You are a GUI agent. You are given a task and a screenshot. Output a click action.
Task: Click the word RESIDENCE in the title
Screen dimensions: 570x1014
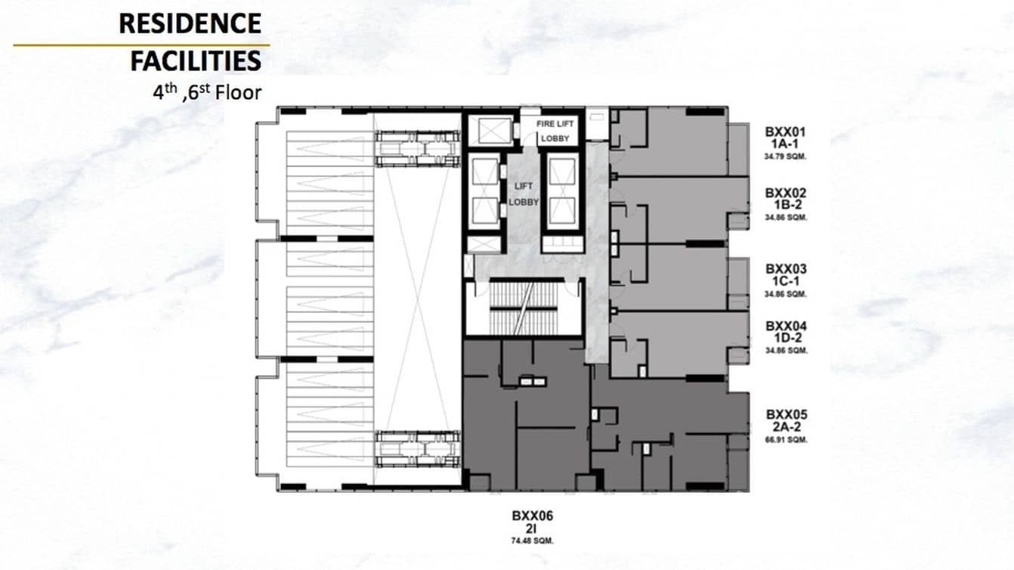point(190,23)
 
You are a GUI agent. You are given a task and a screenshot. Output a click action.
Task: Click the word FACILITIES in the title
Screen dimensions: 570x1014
point(196,60)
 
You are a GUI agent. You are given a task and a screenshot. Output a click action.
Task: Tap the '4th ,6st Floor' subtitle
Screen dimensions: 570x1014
point(206,93)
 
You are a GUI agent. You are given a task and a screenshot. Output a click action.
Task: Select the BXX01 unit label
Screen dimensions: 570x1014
point(786,131)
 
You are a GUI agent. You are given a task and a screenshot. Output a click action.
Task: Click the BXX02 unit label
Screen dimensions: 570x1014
point(786,193)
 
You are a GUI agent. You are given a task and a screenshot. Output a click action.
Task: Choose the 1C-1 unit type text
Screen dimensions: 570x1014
point(786,280)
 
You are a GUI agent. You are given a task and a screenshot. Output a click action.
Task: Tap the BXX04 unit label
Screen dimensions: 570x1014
point(786,326)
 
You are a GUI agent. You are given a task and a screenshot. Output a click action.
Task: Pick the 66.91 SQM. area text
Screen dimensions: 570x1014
point(786,439)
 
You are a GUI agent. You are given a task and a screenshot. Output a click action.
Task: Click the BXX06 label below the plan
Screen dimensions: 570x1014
point(532,516)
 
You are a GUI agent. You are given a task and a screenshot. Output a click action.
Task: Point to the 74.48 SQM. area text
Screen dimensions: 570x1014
point(532,541)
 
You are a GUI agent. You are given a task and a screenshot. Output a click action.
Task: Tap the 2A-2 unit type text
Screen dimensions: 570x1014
point(786,427)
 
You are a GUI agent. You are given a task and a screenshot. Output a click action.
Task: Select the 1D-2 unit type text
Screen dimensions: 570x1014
point(786,338)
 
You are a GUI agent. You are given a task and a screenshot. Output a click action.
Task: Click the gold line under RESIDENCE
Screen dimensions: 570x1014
point(141,45)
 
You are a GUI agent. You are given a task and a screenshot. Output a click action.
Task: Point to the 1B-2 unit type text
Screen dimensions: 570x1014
point(786,205)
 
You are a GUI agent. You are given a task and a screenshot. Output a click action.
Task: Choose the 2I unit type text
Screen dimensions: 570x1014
point(532,528)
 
